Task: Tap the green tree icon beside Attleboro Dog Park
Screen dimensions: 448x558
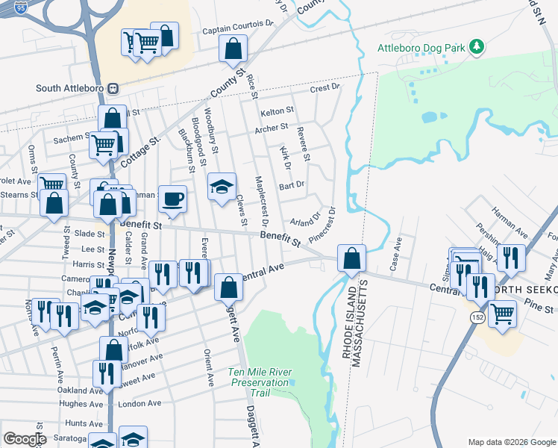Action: (476, 48)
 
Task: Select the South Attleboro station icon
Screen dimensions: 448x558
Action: (113, 87)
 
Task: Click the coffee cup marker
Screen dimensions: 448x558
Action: (172, 199)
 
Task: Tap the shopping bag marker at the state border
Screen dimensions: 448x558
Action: (351, 258)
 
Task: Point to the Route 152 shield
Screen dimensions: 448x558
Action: (475, 317)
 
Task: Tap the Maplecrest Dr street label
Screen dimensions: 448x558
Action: (260, 202)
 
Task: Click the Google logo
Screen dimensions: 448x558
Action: (25, 439)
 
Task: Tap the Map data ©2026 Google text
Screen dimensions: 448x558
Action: (511, 442)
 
